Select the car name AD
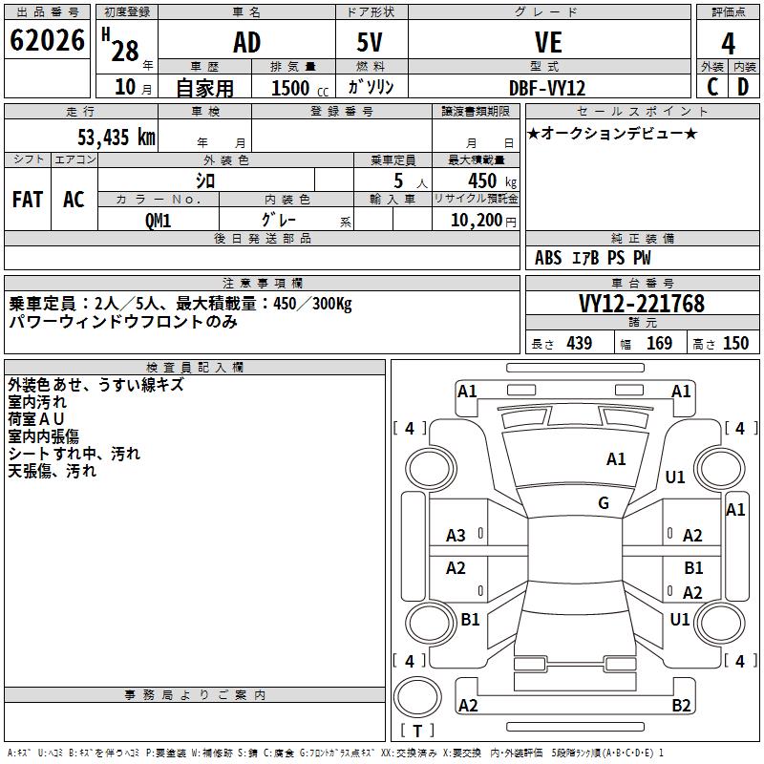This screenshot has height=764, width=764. [246, 43]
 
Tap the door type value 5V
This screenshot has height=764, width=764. [371, 43]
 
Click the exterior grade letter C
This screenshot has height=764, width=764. [712, 87]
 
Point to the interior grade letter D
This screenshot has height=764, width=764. [743, 87]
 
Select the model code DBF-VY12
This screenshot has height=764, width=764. [547, 88]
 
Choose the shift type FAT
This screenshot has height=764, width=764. [28, 200]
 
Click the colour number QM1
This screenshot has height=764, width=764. [158, 220]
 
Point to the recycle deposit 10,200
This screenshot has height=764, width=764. [475, 221]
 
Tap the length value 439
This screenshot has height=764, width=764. [578, 344]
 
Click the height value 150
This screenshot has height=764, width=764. [735, 344]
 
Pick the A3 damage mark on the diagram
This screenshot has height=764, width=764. [456, 536]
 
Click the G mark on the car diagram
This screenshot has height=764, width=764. [604, 503]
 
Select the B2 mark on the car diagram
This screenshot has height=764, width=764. [681, 706]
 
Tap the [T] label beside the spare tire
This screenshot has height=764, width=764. [417, 732]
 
